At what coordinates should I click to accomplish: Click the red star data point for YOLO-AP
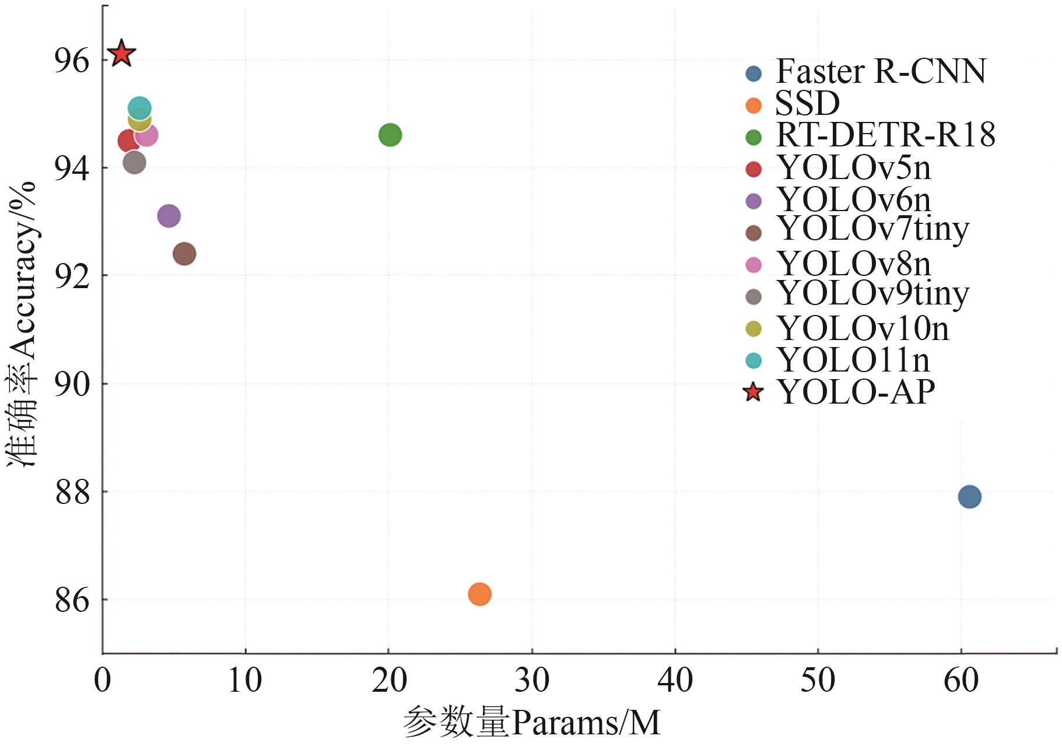tap(121, 54)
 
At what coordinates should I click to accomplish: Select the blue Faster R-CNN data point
tap(969, 497)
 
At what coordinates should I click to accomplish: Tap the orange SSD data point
tap(479, 594)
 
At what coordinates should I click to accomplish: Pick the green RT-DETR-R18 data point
tap(390, 135)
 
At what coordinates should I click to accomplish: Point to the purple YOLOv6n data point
tap(169, 216)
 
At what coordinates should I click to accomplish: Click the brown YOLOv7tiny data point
tap(184, 254)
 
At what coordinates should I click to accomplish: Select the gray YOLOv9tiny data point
tap(134, 162)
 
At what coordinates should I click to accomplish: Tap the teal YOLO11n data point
tap(139, 108)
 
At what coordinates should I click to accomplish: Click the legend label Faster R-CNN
tap(880, 72)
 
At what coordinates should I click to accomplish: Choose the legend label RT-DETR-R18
tap(885, 135)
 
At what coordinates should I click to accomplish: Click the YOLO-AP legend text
tap(856, 391)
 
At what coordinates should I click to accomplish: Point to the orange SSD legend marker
tap(753, 106)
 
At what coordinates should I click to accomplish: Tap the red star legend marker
tap(753, 392)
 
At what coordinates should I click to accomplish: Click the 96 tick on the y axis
tap(72, 61)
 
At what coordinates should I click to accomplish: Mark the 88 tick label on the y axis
tap(72, 492)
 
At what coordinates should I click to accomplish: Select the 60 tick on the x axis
tap(961, 681)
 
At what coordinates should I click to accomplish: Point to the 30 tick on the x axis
tap(532, 681)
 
